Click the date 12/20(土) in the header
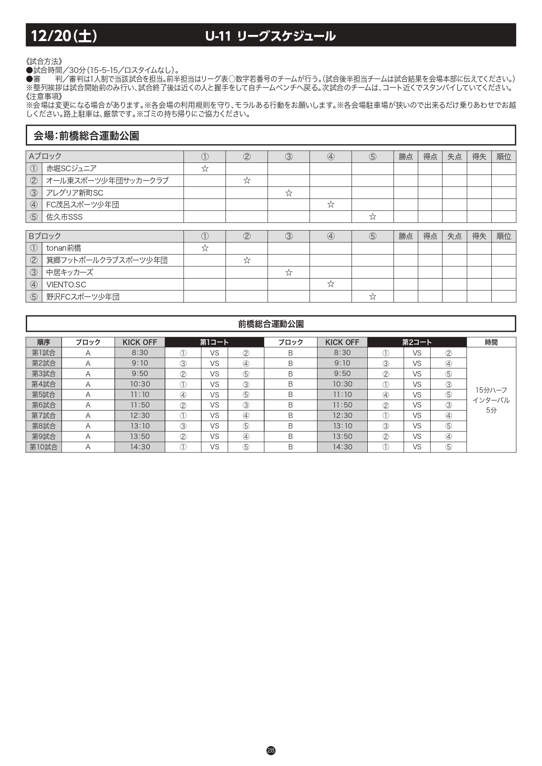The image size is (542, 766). pos(64,36)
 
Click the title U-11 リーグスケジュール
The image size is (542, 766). pos(270,36)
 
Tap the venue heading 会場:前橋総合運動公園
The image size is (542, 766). pos(86,136)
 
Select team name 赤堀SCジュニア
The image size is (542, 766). pos(71,169)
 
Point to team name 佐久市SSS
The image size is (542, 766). pos(64,217)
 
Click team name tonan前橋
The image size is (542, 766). pos(64,248)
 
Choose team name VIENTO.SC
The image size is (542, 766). pos(66,285)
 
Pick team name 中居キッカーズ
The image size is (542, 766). pos(70,273)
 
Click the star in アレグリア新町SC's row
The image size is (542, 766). pos(289,193)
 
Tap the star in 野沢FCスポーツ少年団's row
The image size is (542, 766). pos(373,297)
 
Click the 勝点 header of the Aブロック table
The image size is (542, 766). pos(406,157)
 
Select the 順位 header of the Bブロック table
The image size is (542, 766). pos(504,236)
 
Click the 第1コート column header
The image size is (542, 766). pos(214,342)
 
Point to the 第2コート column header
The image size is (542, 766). pos(417,342)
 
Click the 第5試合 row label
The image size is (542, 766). pos(44,395)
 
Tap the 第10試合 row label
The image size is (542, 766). pos(44,447)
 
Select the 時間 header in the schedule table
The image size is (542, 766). pos(491,342)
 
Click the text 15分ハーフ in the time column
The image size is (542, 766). pos(491,390)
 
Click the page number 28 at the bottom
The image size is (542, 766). pos(271,751)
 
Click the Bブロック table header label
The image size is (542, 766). pos(45,236)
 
